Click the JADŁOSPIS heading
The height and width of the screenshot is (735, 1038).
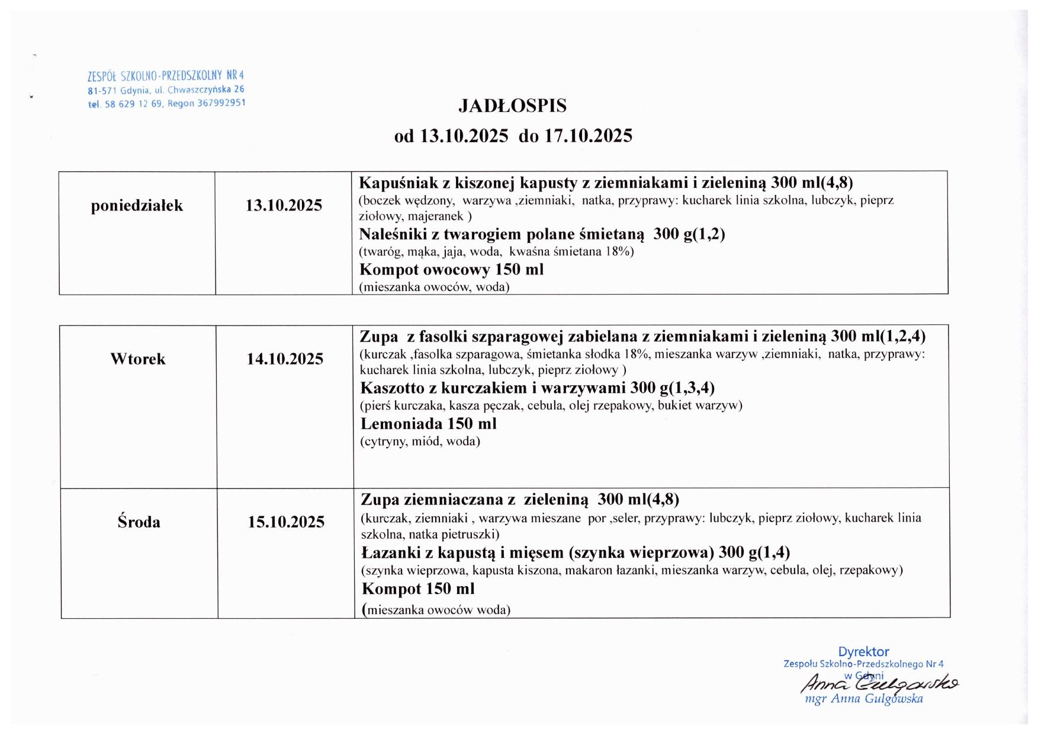point(512,106)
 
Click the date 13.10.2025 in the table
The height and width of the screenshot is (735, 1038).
point(284,206)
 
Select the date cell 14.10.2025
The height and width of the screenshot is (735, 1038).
point(285,359)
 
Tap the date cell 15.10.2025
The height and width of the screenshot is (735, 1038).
point(286,522)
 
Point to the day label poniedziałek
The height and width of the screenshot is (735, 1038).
point(137,206)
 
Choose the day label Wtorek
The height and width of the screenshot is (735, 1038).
point(138,359)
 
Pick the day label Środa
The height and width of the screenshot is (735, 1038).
point(139,522)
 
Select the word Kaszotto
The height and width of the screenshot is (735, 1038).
point(393,389)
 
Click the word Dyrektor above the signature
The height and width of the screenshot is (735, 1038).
point(863,652)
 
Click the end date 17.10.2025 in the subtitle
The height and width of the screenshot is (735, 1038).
point(588,136)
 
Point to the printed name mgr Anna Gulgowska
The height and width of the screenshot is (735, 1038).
point(864,699)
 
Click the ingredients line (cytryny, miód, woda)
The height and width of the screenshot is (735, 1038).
point(420,442)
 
